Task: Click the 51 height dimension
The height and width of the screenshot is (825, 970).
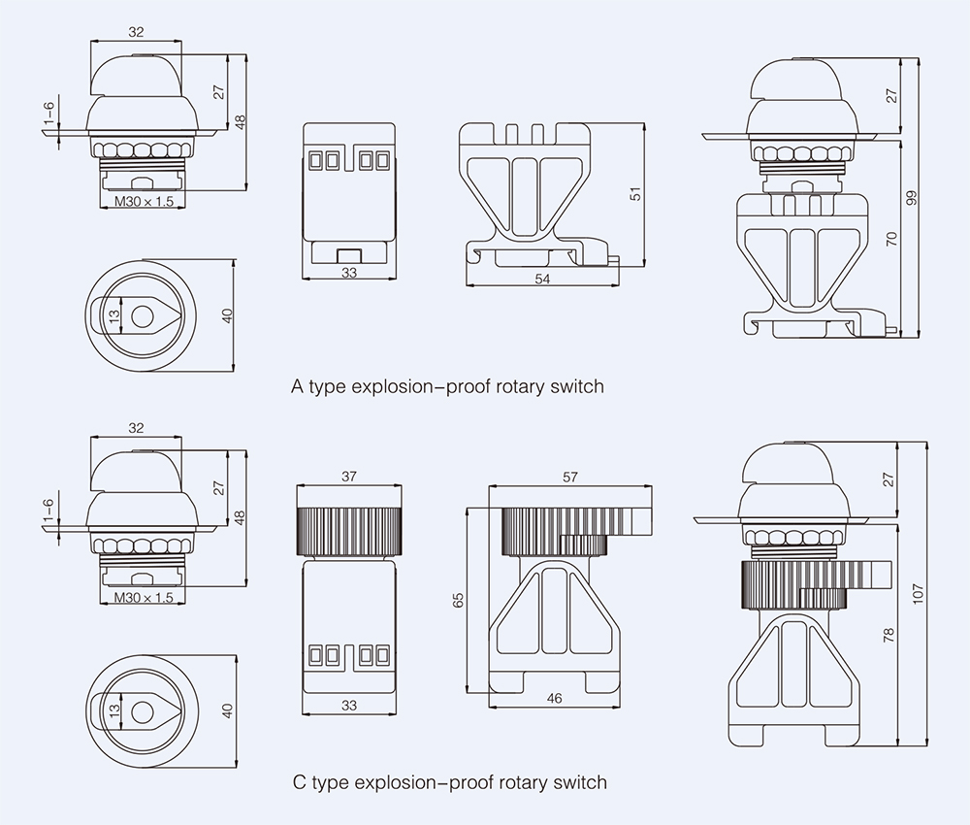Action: click(x=636, y=194)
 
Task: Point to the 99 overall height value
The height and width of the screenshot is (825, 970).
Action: click(x=911, y=197)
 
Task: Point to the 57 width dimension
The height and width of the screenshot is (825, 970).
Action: click(x=569, y=477)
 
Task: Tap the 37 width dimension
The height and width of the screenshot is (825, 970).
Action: click(x=349, y=477)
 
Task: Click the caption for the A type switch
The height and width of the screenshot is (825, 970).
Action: click(x=447, y=386)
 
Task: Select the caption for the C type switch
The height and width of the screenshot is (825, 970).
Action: click(x=449, y=782)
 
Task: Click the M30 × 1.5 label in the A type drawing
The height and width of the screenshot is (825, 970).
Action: click(x=144, y=203)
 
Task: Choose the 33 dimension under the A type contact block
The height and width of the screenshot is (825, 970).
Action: click(x=349, y=274)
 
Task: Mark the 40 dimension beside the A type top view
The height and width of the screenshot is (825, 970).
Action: click(x=228, y=315)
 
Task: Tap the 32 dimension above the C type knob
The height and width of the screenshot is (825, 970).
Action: click(x=136, y=427)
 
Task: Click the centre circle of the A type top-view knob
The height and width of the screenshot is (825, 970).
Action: click(x=143, y=315)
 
